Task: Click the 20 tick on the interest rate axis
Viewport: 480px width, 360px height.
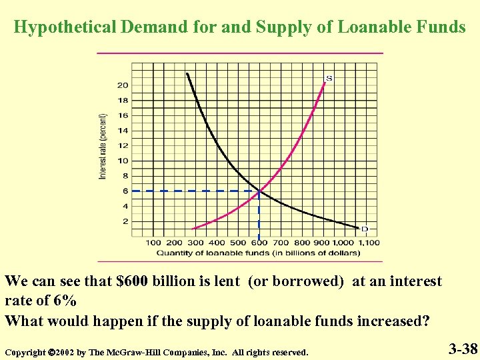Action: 123,85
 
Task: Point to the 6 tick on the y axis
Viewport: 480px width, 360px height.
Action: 125,191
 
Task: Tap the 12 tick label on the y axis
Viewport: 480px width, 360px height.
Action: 123,146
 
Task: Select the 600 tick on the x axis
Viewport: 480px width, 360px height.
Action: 259,243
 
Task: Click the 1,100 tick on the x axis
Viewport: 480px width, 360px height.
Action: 367,243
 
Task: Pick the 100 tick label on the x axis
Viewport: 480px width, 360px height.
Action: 153,243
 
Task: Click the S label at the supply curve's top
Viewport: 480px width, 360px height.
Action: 329,79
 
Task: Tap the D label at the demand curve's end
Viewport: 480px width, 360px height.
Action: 364,229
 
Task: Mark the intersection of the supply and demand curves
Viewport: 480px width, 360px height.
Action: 259,191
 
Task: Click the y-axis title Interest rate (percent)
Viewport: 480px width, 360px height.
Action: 103,145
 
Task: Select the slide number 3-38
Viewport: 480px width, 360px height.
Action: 462,348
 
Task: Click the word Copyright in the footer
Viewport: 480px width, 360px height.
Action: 25,351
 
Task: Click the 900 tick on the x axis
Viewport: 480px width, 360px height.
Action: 324,243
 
